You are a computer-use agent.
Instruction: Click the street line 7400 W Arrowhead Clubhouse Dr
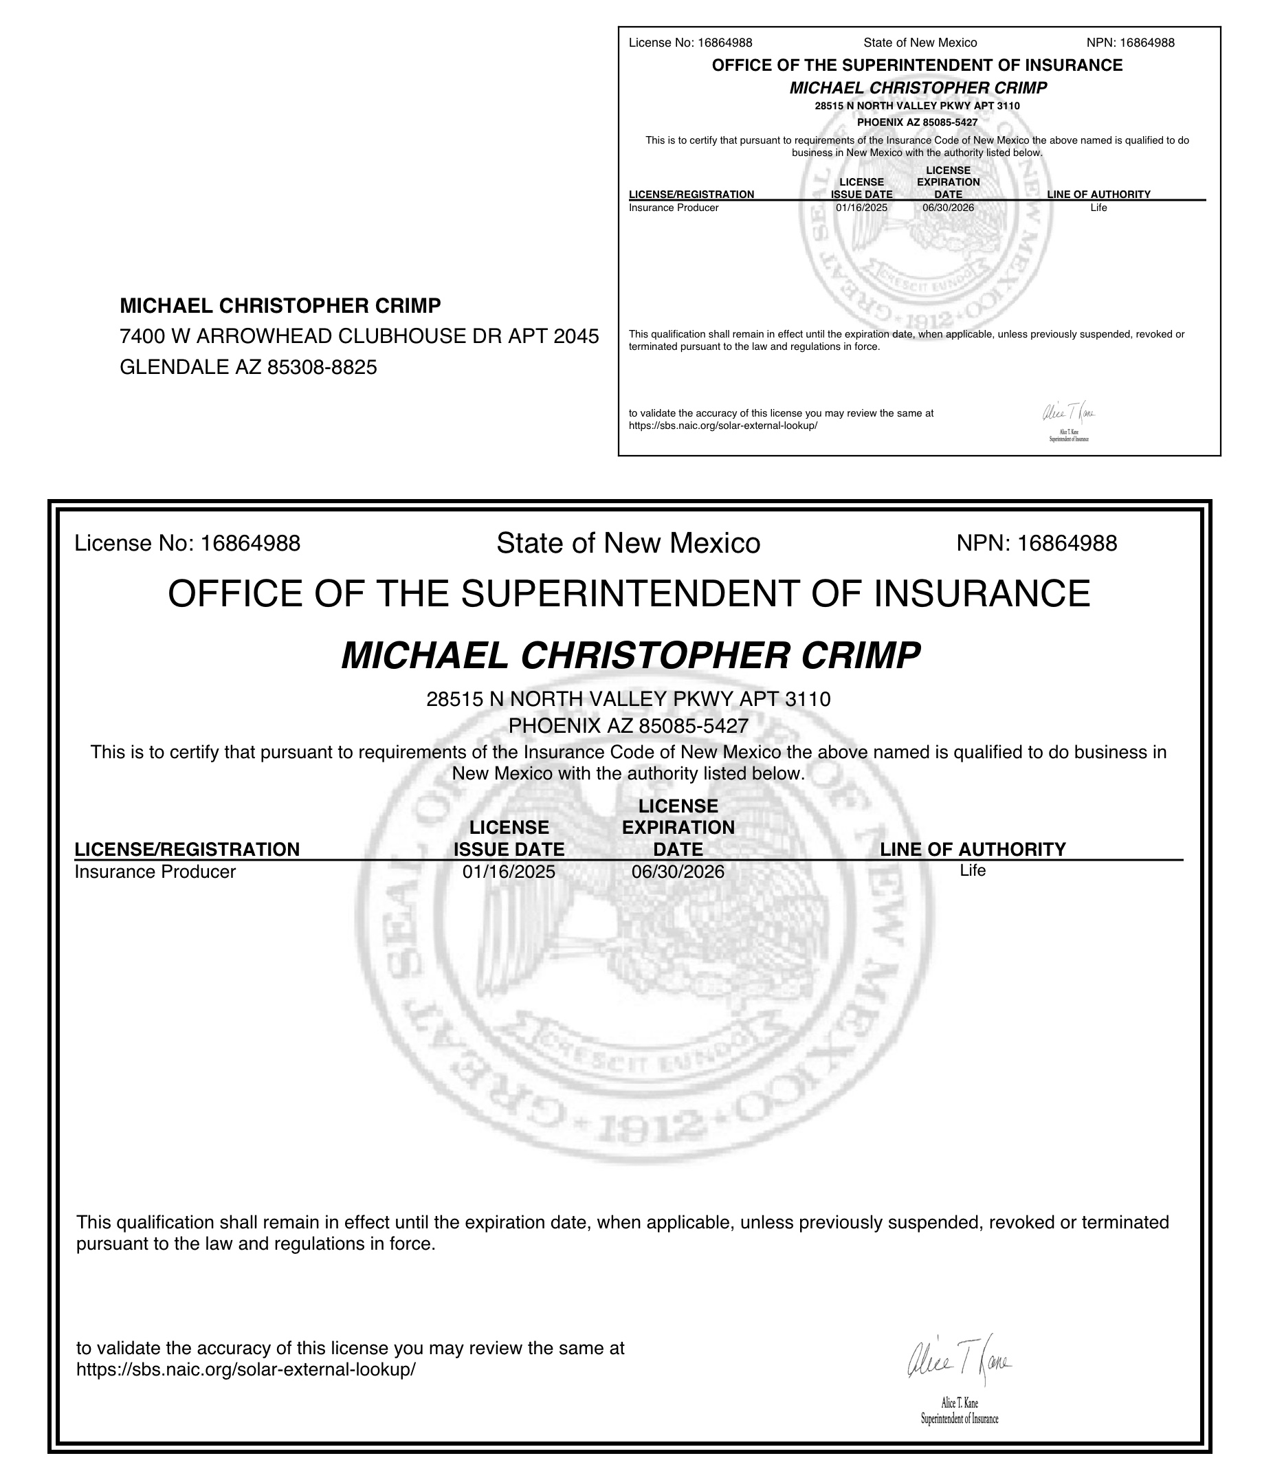pyautogui.click(x=359, y=337)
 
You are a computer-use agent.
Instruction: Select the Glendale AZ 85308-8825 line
pyautogui.click(x=248, y=367)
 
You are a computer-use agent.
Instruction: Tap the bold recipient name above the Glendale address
pyautogui.click(x=280, y=306)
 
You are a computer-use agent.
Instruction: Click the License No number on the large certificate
pyautogui.click(x=250, y=543)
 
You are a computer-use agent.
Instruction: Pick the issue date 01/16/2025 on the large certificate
pyautogui.click(x=509, y=872)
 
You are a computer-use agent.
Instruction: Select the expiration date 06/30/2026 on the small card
pyautogui.click(x=948, y=208)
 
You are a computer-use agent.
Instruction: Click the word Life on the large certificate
pyautogui.click(x=972, y=870)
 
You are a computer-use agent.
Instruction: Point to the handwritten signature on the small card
pyautogui.click(x=1068, y=412)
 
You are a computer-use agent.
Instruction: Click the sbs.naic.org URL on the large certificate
pyautogui.click(x=246, y=1370)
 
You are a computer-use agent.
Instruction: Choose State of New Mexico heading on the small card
pyautogui.click(x=920, y=43)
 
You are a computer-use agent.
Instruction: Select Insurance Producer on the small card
pyautogui.click(x=673, y=208)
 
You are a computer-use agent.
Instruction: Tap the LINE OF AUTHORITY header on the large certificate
pyautogui.click(x=973, y=850)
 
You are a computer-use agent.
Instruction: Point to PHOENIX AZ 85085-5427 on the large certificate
pyautogui.click(x=628, y=725)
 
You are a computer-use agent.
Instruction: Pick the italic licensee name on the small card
pyautogui.click(x=918, y=88)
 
